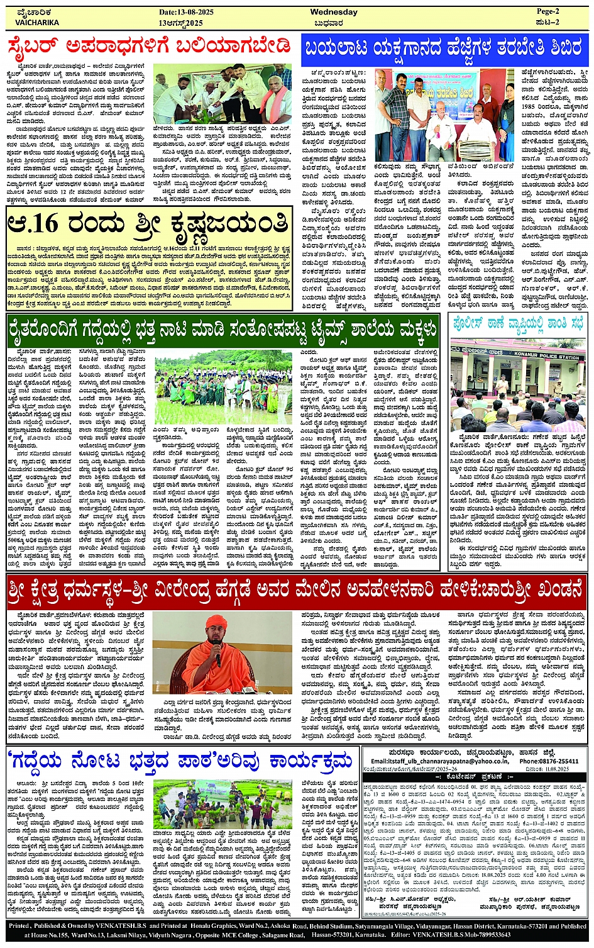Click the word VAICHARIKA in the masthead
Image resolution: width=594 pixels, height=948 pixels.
click(37, 22)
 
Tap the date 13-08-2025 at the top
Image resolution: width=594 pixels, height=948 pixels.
click(186, 12)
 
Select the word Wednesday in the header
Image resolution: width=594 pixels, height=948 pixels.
click(334, 12)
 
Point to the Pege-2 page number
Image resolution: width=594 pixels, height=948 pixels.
click(547, 11)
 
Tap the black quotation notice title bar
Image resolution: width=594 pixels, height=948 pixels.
click(475, 777)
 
